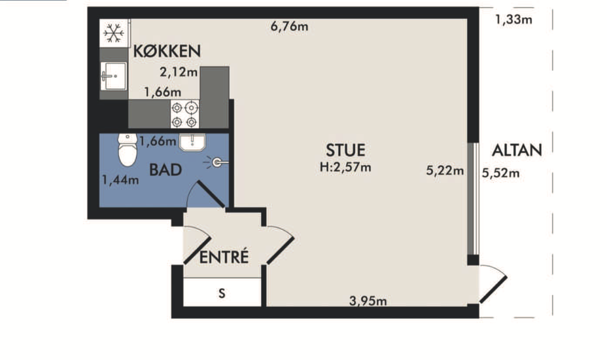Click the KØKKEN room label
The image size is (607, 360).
point(167,51)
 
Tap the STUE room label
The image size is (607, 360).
point(345,151)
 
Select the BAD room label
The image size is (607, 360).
point(165,170)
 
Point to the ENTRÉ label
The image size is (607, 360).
point(224,257)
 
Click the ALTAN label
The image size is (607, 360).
point(517,151)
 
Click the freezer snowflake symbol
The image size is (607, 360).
point(114,33)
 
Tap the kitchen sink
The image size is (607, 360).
point(113,76)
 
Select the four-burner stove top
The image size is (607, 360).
point(184,114)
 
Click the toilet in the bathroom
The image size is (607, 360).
point(128,150)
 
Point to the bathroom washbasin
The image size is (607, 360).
point(192,142)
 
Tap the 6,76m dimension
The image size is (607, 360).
point(289,26)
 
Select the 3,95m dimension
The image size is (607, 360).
point(368,300)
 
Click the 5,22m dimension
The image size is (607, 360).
point(445,170)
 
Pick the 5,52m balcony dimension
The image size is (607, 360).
point(500,173)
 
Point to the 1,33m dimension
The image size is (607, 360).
point(513,19)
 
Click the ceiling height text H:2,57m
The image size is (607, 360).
point(345,167)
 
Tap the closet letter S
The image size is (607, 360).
point(222,293)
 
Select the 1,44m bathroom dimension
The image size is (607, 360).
point(120,180)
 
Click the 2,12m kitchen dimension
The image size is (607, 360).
point(179,72)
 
